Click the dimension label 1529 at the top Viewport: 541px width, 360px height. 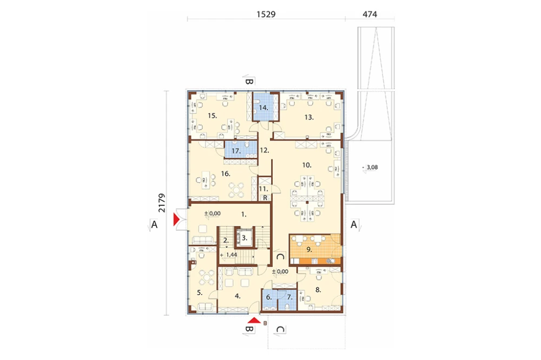coord(266,14)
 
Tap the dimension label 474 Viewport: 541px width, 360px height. coord(370,14)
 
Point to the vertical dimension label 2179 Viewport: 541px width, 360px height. coord(162,203)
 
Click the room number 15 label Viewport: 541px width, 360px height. coord(212,116)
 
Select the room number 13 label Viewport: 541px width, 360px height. coord(309,117)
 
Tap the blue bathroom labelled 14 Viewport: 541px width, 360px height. coord(263,107)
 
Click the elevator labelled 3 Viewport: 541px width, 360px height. coord(245,238)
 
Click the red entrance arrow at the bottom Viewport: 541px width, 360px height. coord(254,321)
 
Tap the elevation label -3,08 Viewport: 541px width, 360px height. coord(371,167)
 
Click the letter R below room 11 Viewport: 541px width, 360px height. coord(265,198)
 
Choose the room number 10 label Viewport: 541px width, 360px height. coord(307,165)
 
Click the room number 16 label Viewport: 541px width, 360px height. coord(226,174)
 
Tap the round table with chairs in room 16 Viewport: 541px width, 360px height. coord(237,189)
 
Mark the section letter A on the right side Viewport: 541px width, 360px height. coord(354,224)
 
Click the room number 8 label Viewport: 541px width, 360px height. coord(318,290)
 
